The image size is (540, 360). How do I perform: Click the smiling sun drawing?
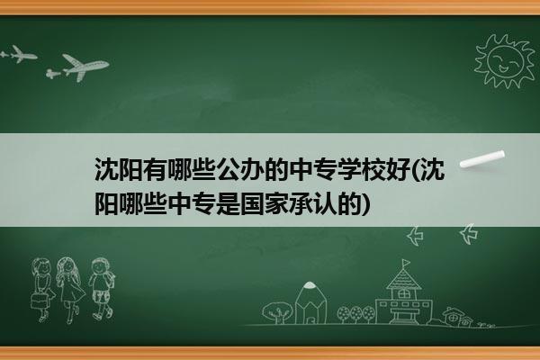pyautogui.click(x=504, y=61)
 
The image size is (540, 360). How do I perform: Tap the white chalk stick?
pyautogui.click(x=482, y=159)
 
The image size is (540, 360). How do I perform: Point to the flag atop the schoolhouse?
pyautogui.click(x=407, y=263)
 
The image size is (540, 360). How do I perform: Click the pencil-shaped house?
pyautogui.click(x=310, y=302)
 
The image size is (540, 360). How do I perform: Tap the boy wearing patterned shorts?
pyautogui.click(x=102, y=288)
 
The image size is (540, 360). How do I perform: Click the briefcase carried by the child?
pyautogui.click(x=40, y=301)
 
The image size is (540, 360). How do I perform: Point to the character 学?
pyautogui.click(x=349, y=170)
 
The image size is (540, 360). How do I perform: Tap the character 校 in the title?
pyautogui.click(x=373, y=170)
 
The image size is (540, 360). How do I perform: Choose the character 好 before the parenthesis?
pyautogui.click(x=398, y=170)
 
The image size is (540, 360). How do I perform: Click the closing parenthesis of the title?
pyautogui.click(x=366, y=204)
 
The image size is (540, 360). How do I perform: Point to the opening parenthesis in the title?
pyautogui.click(x=415, y=170)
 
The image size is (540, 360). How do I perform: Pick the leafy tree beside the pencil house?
pyautogui.click(x=276, y=312)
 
